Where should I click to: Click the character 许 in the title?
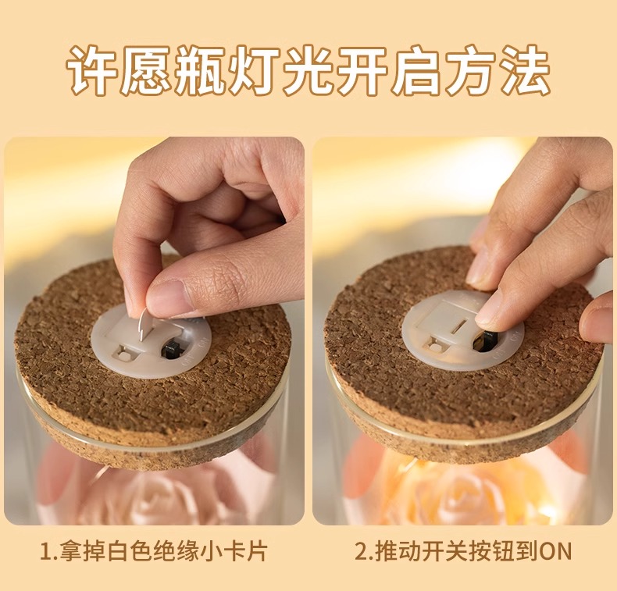[93, 71]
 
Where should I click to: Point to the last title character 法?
[523, 71]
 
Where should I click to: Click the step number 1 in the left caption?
[45, 552]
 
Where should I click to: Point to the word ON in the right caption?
[555, 552]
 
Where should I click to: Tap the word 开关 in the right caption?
[444, 551]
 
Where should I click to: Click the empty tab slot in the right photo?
[458, 327]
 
